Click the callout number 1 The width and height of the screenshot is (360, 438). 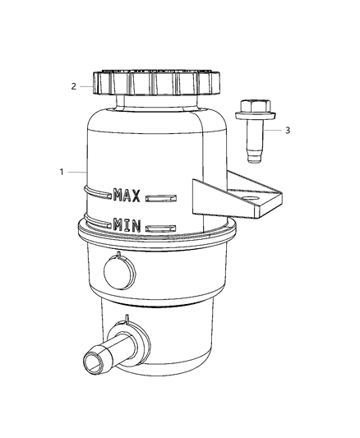click(61, 173)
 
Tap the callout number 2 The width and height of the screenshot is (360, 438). click(73, 85)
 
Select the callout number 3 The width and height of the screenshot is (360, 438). click(288, 131)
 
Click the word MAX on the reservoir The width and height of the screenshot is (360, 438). click(129, 195)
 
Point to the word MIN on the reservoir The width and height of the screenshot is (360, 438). click(127, 224)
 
